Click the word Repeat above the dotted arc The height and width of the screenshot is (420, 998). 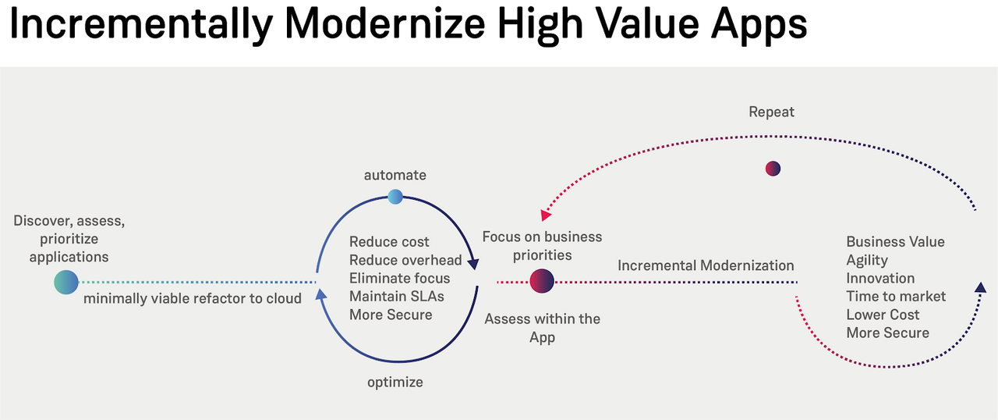point(771,112)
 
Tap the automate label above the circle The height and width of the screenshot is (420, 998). point(395,175)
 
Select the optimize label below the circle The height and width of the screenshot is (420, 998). point(395,382)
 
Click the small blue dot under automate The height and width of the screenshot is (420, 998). point(395,197)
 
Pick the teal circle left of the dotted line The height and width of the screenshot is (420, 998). point(66,282)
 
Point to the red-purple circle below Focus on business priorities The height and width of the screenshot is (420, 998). point(542,281)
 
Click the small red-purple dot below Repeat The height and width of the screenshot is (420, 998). point(773,169)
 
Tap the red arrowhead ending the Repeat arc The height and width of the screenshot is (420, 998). point(546,215)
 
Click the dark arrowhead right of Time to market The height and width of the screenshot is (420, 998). point(980,288)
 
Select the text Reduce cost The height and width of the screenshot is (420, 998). point(389,242)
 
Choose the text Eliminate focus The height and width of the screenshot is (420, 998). point(399,278)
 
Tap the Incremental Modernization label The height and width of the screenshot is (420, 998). point(706,265)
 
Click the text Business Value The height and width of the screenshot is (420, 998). point(895,242)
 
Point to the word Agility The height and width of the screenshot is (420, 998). point(867,260)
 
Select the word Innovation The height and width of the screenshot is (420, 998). point(880,278)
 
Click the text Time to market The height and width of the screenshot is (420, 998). point(896,297)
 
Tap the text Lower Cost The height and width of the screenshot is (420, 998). point(883,315)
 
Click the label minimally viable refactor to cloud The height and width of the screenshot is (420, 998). point(193,298)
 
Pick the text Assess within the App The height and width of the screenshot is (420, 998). point(542,328)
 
